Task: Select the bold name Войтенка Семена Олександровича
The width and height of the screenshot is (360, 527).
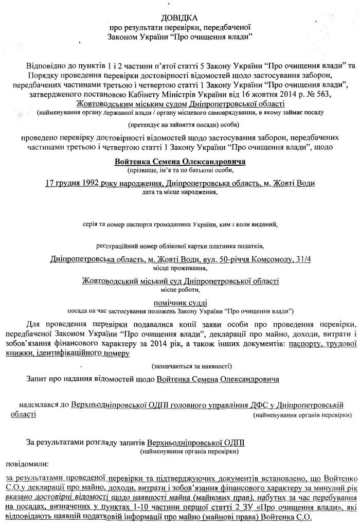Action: [180, 161]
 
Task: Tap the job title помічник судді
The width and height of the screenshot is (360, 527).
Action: [180, 303]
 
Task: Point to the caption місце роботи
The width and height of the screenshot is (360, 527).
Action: [180, 289]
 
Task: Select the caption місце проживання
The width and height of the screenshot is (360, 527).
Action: [180, 268]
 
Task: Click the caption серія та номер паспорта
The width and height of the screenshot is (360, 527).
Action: [180, 224]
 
